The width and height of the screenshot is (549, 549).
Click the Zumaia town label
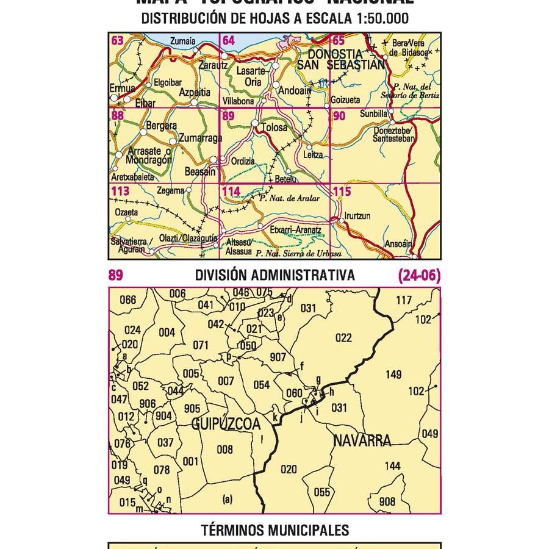click(x=184, y=41)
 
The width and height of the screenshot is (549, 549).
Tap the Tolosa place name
click(x=273, y=128)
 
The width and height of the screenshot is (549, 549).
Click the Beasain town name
click(x=199, y=173)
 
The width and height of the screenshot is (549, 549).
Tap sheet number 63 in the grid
click(x=117, y=41)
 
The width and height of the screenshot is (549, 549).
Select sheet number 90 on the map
click(x=339, y=116)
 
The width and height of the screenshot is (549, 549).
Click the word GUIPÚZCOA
click(x=226, y=424)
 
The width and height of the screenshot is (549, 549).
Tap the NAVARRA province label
click(x=362, y=440)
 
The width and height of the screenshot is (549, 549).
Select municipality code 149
click(x=393, y=375)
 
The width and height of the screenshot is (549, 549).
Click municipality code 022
click(x=343, y=337)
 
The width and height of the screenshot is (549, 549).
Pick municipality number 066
click(x=128, y=300)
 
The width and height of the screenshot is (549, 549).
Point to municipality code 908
click(x=387, y=501)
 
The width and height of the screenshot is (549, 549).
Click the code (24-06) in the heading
click(x=418, y=276)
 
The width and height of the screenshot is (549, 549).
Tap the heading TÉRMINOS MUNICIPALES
click(x=275, y=531)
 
